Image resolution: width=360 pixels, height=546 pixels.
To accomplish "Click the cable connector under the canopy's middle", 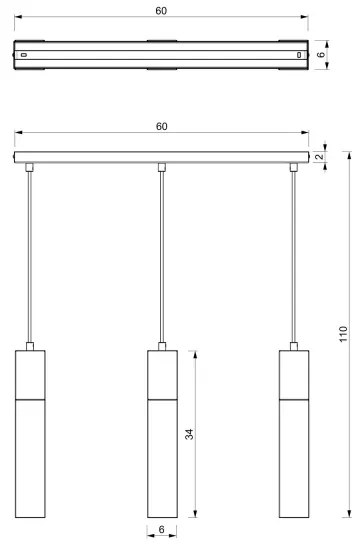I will pos(161,166).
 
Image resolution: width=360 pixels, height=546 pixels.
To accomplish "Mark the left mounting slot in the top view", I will pos(27,54).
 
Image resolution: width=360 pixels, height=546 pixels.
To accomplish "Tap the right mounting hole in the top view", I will pos(298,54).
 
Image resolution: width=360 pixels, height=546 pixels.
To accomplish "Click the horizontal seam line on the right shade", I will pos(292,398).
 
